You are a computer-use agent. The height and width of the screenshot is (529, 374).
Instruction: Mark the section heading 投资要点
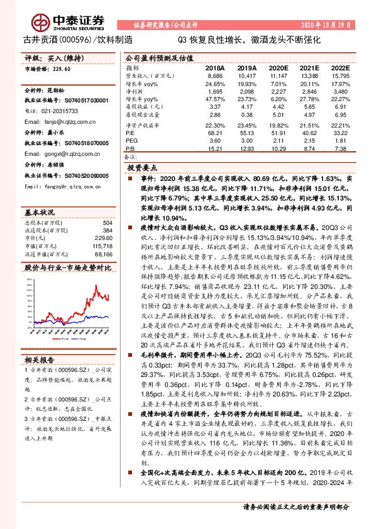pyautogui.click(x=141, y=169)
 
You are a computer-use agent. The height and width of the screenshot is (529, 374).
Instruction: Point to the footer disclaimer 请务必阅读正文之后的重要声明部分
pyautogui.click(x=295, y=506)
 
